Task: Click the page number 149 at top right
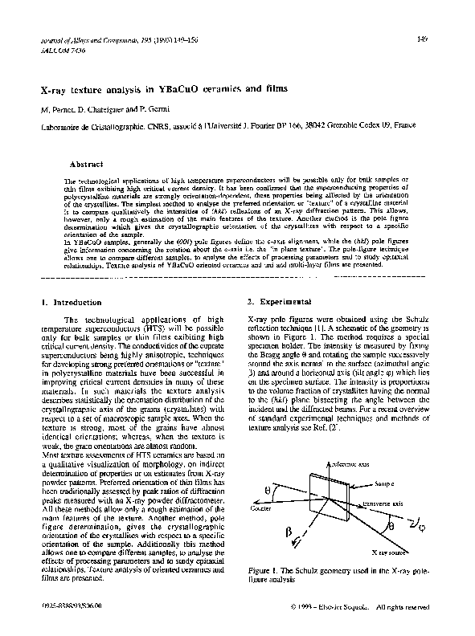pos(423,39)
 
